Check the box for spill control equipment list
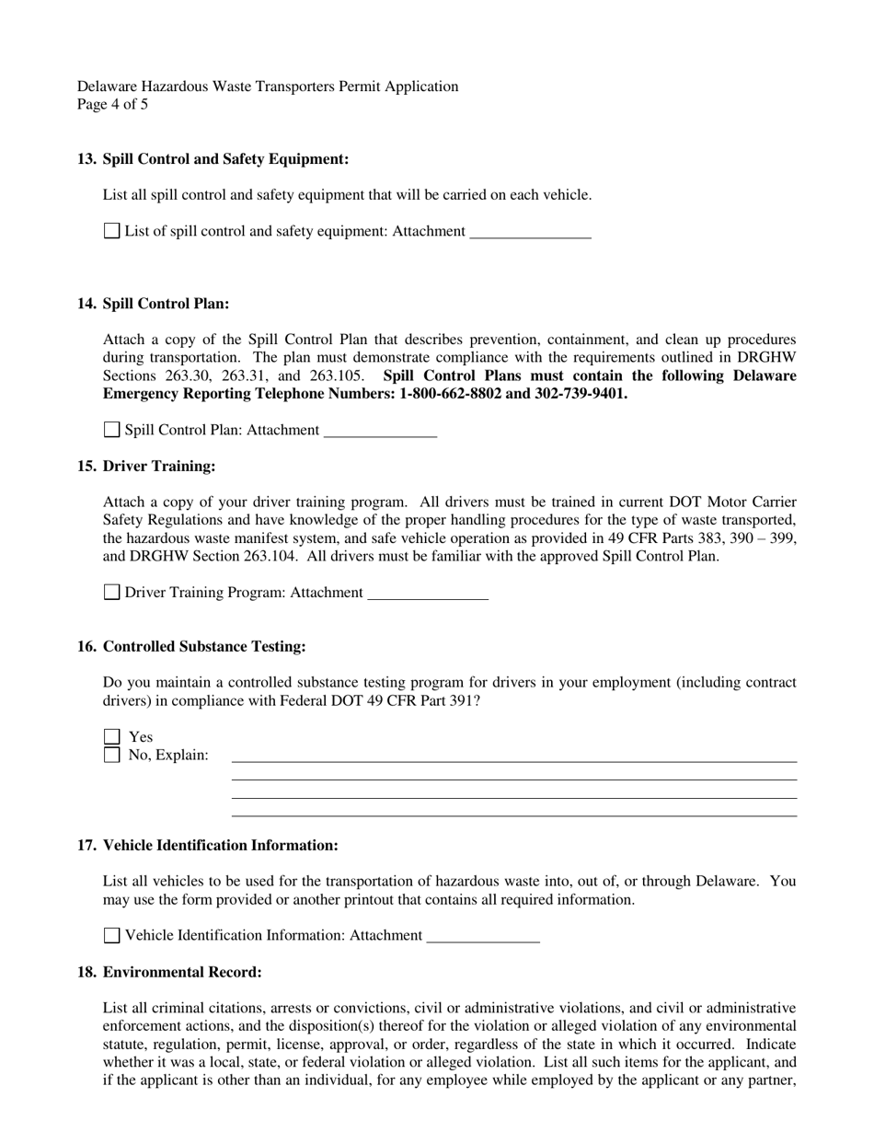pos(111,231)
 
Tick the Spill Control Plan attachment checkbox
pos(111,430)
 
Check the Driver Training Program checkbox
pos(111,593)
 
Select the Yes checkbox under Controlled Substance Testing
pos(111,737)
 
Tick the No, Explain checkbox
pos(111,756)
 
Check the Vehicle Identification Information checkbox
pos(111,936)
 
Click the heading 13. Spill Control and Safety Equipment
pos(213,159)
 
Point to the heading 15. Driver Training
pos(146,467)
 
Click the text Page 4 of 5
pos(112,104)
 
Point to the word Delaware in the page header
pos(106,87)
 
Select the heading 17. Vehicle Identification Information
pos(207,845)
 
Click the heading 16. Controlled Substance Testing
pos(191,647)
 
